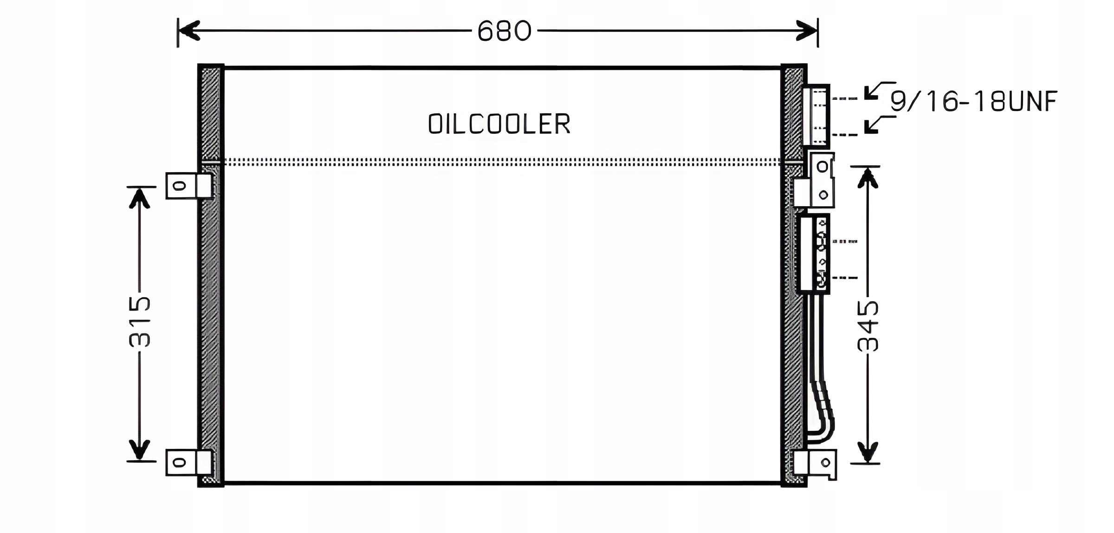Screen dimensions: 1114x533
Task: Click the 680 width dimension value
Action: coord(504,32)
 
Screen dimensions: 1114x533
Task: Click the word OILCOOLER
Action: coord(499,124)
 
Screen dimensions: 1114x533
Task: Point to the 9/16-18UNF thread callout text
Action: coord(974,101)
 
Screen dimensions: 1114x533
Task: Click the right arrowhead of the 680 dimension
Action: coord(807,31)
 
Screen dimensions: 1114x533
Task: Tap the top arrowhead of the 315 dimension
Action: coord(139,199)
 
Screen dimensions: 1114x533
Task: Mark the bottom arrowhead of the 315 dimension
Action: coord(139,449)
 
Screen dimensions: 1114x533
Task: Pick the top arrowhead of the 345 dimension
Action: coord(868,178)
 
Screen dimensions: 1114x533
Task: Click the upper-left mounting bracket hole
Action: coord(179,186)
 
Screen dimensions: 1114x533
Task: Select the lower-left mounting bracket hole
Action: coord(179,462)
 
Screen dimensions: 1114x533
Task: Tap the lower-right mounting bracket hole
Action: coord(825,462)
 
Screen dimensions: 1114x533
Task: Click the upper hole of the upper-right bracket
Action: coord(823,166)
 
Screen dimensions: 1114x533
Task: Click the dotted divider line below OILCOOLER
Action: coord(501,162)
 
